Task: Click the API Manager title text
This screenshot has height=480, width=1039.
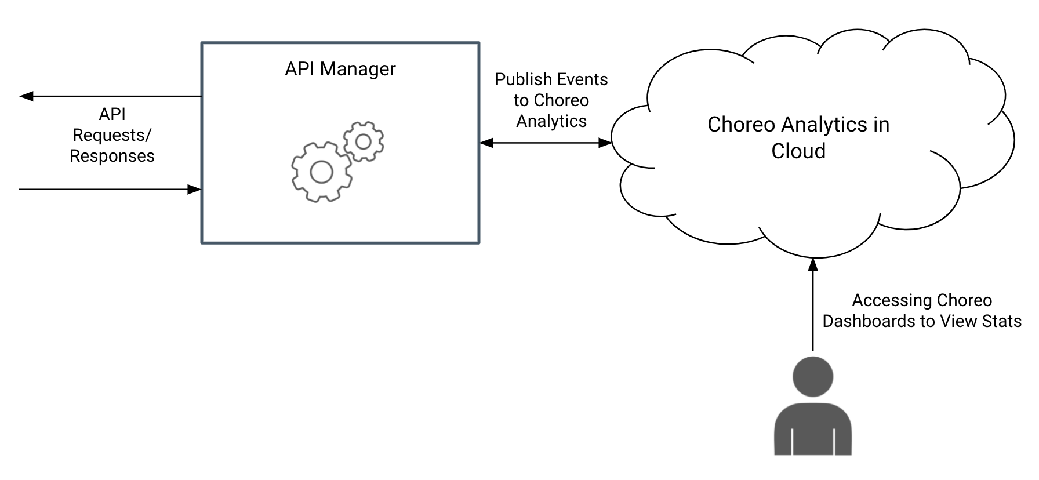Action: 340,69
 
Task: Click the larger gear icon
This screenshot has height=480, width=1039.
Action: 321,172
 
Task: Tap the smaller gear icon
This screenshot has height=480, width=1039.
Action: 364,141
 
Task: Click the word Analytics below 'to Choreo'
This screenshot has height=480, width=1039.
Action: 551,121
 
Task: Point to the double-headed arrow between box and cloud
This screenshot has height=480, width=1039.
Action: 546,143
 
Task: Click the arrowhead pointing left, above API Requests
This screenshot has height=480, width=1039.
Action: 27,96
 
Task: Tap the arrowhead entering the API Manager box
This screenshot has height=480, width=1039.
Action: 194,190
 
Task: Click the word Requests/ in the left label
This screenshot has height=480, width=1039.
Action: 112,135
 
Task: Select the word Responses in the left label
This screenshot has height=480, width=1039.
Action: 112,156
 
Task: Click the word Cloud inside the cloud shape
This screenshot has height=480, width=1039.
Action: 798,151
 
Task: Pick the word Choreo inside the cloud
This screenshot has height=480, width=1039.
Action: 741,125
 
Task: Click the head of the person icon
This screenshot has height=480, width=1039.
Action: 813,377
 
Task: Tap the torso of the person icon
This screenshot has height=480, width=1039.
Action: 813,429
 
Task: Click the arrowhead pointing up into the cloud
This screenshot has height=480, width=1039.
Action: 813,264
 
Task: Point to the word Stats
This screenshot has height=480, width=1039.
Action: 1001,321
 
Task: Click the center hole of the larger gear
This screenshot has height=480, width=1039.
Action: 321,172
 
